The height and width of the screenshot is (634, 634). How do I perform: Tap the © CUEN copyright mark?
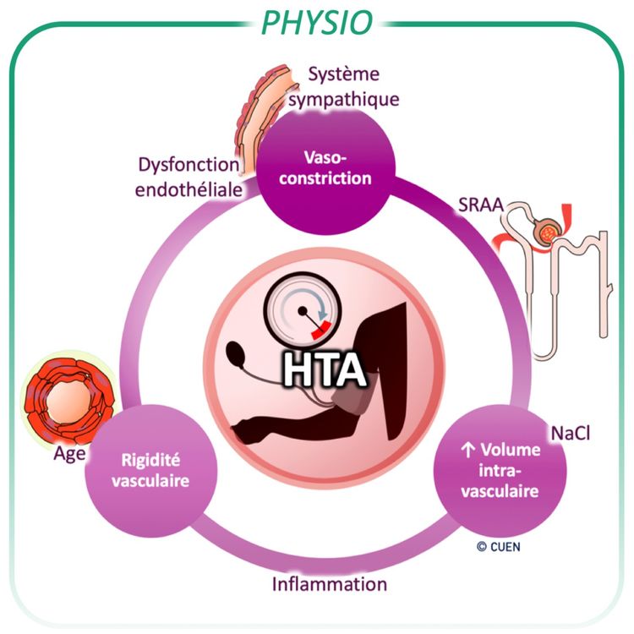498,546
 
